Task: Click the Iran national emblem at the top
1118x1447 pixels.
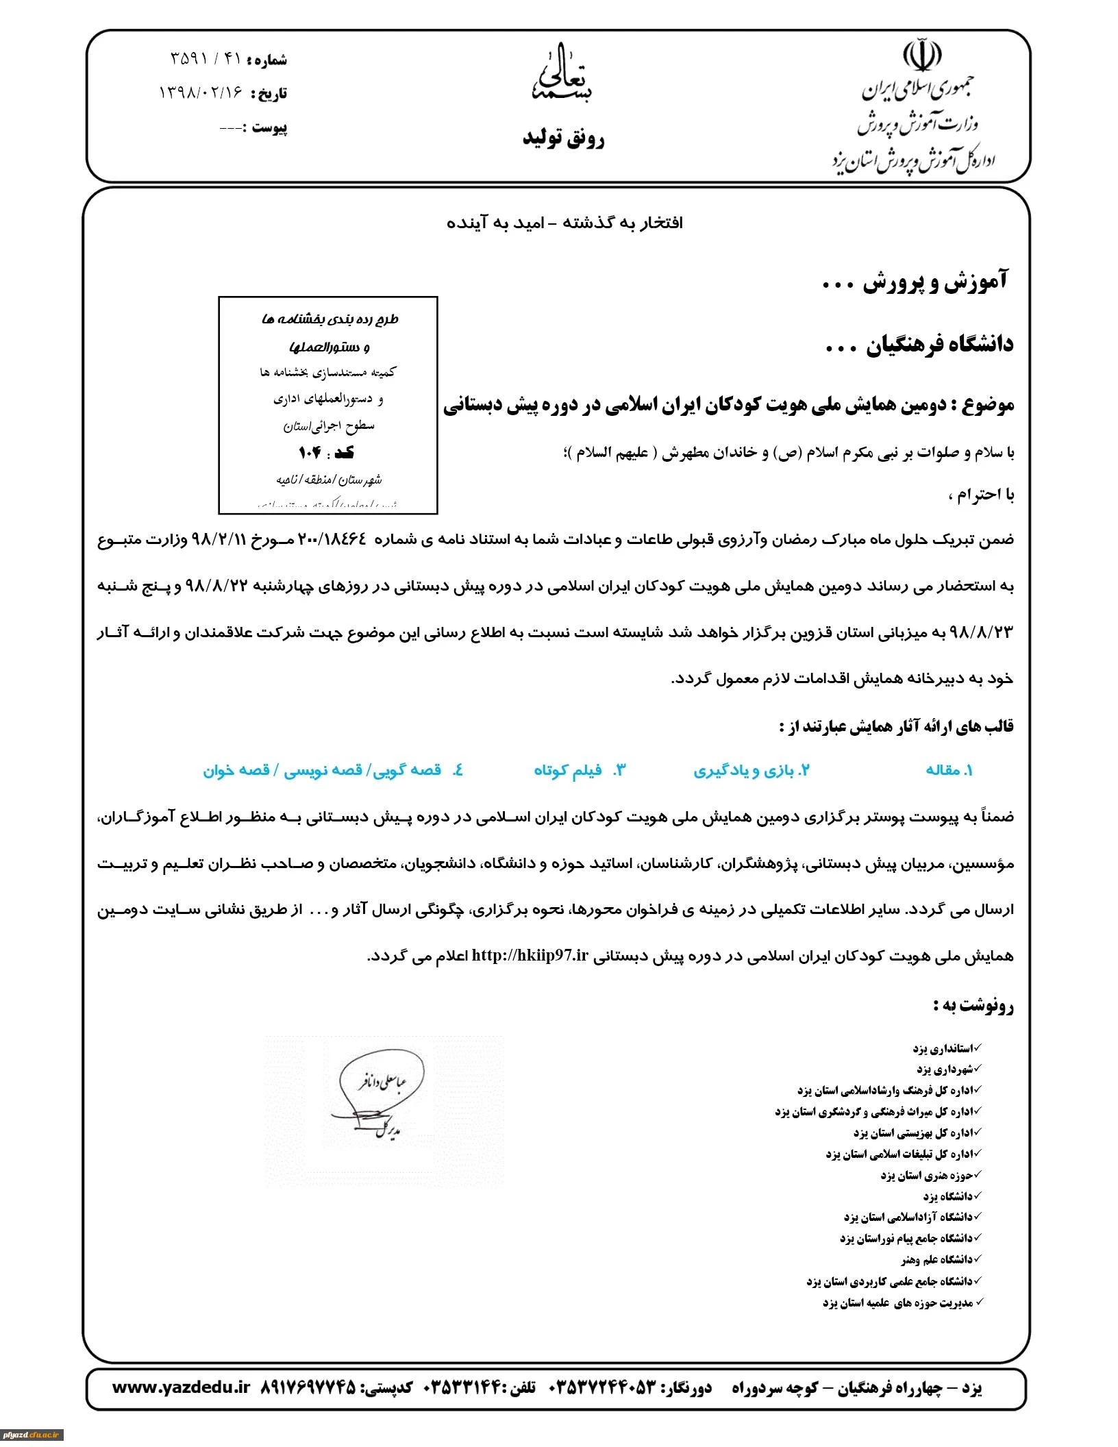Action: click(921, 56)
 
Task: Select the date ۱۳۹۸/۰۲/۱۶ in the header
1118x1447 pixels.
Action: click(201, 92)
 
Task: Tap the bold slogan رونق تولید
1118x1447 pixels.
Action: click(563, 139)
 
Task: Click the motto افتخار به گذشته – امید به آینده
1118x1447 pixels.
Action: click(564, 223)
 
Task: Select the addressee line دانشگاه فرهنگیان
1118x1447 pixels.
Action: click(919, 345)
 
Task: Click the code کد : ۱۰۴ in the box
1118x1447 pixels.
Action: click(326, 453)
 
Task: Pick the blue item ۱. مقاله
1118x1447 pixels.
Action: click(949, 770)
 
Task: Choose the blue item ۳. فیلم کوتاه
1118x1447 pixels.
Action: click(580, 770)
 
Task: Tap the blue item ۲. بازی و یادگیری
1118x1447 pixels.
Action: click(751, 770)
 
